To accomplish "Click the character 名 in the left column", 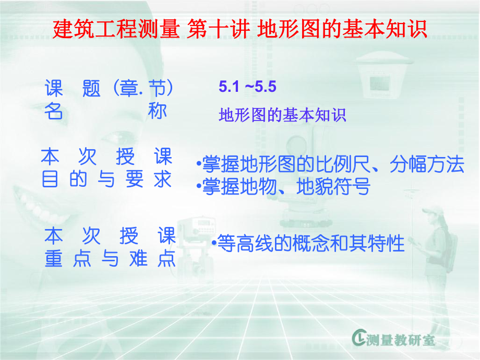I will point(52,112).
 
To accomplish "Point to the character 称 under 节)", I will point(158,111).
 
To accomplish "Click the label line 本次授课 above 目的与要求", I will point(107,157).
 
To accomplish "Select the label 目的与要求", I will point(107,180).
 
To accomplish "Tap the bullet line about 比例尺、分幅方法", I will point(330,164).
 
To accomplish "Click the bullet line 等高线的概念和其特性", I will point(308,243).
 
